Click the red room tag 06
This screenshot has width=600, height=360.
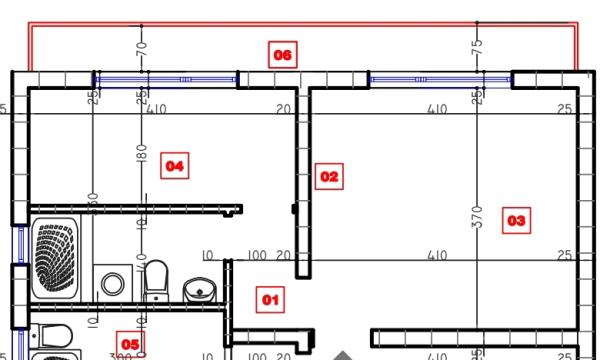pos(283,54)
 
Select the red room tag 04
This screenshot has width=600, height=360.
pos(174,165)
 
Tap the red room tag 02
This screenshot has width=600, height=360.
pos(329,177)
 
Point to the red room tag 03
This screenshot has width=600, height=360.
pos(516,219)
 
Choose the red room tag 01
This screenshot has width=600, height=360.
pos(270,298)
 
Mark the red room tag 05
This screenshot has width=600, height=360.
pos(130,345)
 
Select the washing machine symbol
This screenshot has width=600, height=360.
pos(112,283)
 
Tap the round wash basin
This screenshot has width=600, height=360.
pos(200,290)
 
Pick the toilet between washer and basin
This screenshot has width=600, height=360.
pos(156,280)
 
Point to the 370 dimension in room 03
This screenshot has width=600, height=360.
pos(477,215)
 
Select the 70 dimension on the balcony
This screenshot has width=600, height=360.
pos(142,46)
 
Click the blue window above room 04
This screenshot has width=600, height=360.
pos(166,78)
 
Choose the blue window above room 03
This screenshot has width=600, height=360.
pos(440,78)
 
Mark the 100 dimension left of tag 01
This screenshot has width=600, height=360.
pos(257,256)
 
